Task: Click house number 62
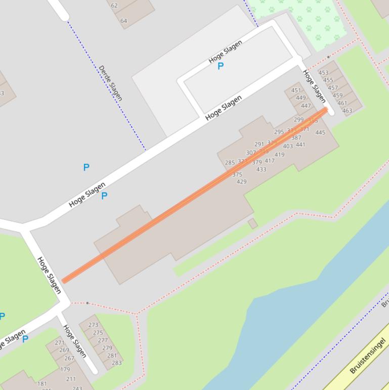pyautogui.click(x=114, y=6)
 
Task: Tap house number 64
pyautogui.click(x=123, y=21)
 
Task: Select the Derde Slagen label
pyautogui.click(x=110, y=83)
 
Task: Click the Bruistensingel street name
pyautogui.click(x=368, y=356)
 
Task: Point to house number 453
pyautogui.click(x=323, y=73)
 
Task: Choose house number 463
pyautogui.click(x=347, y=110)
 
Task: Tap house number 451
pyautogui.click(x=296, y=91)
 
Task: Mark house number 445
pyautogui.click(x=320, y=133)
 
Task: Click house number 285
pyautogui.click(x=230, y=163)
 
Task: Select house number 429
pyautogui.click(x=242, y=182)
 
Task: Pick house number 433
pyautogui.click(x=261, y=170)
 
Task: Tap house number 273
pyautogui.click(x=93, y=325)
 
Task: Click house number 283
pyautogui.click(x=117, y=363)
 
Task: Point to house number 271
pyautogui.click(x=60, y=343)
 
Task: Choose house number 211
pyautogui.click(x=71, y=379)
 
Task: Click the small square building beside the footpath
pyautogui.click(x=253, y=223)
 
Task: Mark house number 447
pyautogui.click(x=306, y=106)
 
